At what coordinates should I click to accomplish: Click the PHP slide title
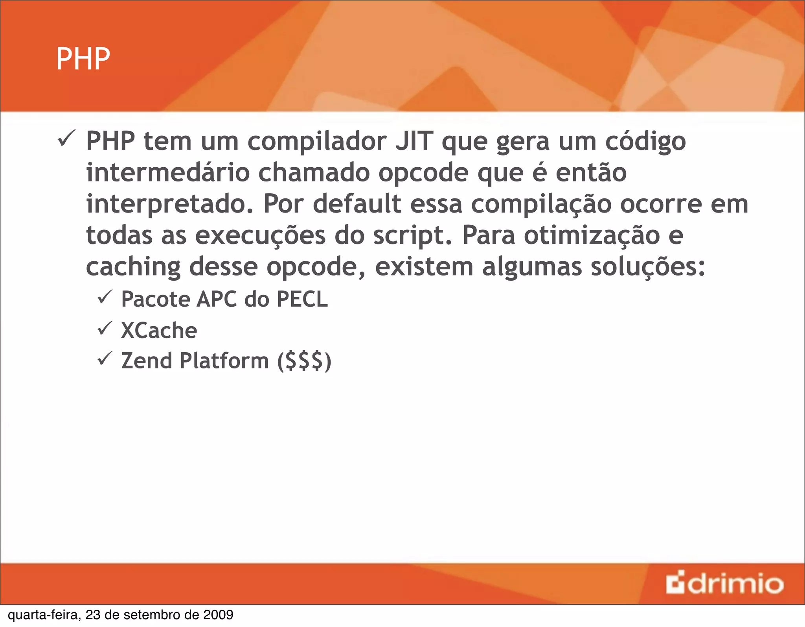(83, 59)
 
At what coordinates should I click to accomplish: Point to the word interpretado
(170, 205)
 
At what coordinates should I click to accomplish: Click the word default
(357, 204)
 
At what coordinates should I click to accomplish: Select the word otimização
(592, 236)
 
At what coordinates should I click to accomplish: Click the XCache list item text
(159, 330)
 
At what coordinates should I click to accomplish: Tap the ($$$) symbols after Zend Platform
(304, 361)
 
